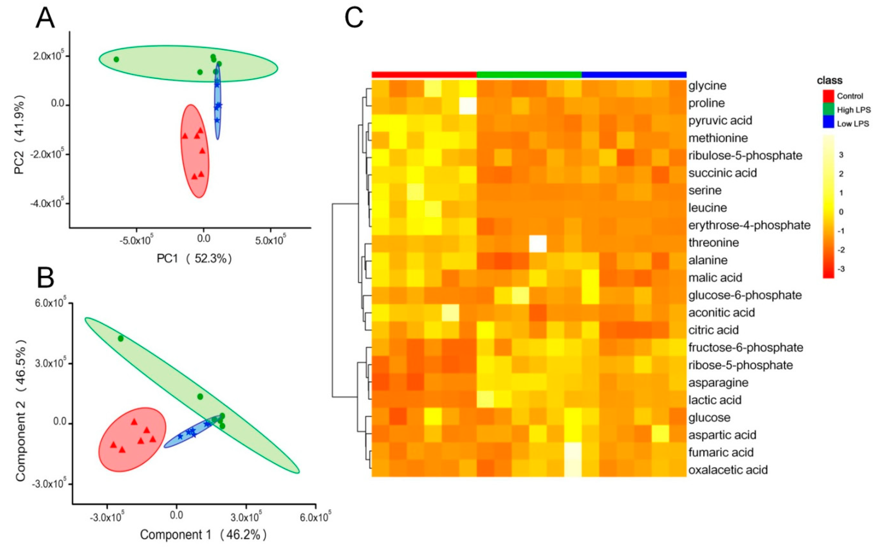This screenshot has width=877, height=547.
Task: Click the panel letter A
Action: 45,18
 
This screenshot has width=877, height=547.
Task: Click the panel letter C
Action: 354,18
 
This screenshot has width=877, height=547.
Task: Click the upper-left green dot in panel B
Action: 120,338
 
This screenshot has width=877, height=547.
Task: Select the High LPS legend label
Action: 854,110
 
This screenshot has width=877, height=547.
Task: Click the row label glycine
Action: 707,86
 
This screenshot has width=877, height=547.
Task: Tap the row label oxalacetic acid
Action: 728,470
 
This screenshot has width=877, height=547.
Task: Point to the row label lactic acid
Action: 715,400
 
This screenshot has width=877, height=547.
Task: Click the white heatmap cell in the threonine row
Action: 538,243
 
